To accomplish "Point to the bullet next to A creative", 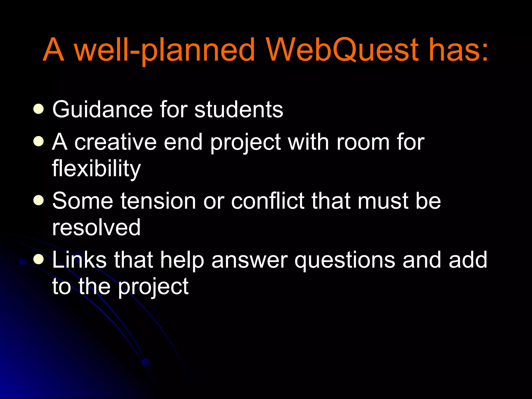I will click(x=38, y=142).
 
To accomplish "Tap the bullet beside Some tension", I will click(x=38, y=201).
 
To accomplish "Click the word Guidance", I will click(x=102, y=110).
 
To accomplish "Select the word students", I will click(x=239, y=110).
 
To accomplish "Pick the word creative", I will click(x=116, y=142).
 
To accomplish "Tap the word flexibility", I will click(x=96, y=169).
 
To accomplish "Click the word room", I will click(x=363, y=142).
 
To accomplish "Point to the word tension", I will click(x=158, y=201).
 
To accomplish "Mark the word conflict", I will click(x=268, y=201).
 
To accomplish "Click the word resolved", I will click(x=96, y=228).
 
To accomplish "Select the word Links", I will click(x=79, y=260).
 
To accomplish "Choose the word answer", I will click(x=249, y=260).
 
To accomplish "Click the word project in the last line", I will click(x=153, y=287).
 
